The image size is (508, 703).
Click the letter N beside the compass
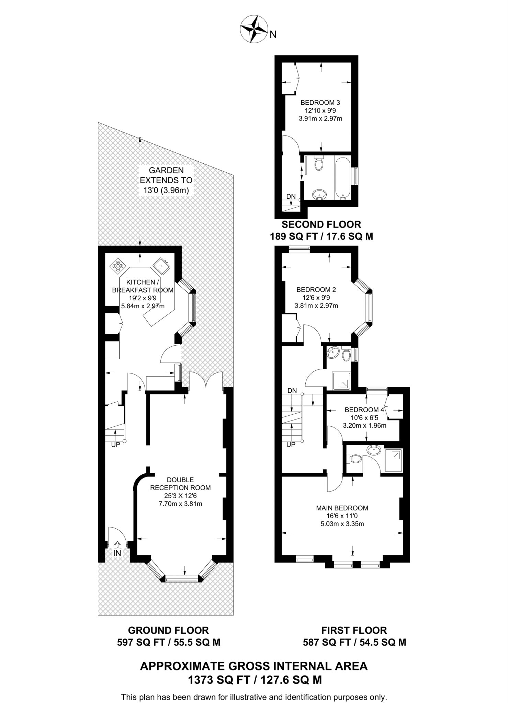pos(273,34)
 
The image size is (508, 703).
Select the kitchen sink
pos(161,266)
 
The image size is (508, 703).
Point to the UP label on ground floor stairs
pos(115,445)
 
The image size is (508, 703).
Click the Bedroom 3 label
pos(320,102)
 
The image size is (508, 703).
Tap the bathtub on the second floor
pos(342,178)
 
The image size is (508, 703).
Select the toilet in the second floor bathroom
pos(319,164)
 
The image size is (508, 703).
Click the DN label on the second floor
pos(291,196)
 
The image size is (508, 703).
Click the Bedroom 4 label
pos(364,410)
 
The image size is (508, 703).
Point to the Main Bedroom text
pos(342,508)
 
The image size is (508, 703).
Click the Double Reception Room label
pos(180,484)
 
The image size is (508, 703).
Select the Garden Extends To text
pos(166,180)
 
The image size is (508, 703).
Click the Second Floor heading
pos(321,224)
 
